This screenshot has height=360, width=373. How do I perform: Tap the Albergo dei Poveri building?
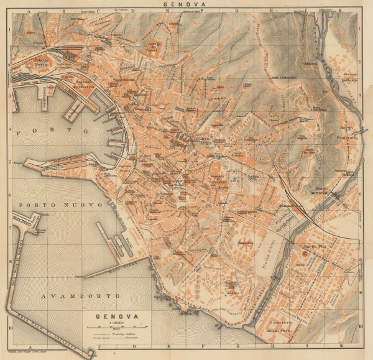[x=152, y=47]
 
